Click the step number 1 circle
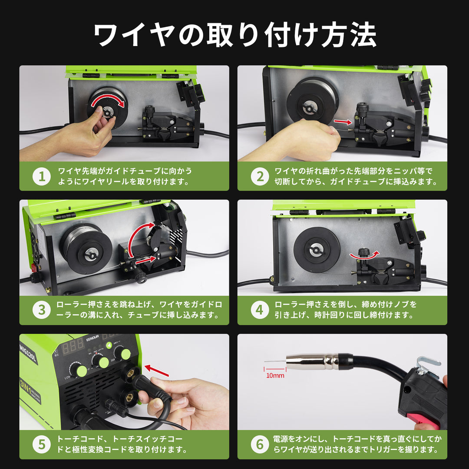click(42, 176)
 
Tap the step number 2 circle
click(260, 176)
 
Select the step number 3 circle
click(42, 310)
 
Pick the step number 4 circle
click(260, 310)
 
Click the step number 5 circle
click(42, 444)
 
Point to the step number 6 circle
click(260, 444)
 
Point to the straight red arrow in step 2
click(343, 122)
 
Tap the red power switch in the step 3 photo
click(33, 265)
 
